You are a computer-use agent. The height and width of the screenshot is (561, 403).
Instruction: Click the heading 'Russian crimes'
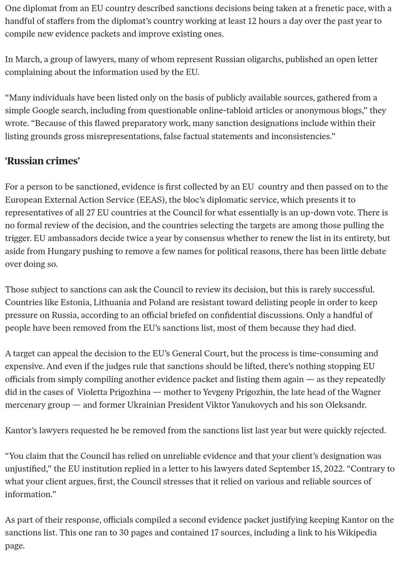(42, 161)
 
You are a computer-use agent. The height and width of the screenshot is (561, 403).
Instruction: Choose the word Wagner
(367, 392)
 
